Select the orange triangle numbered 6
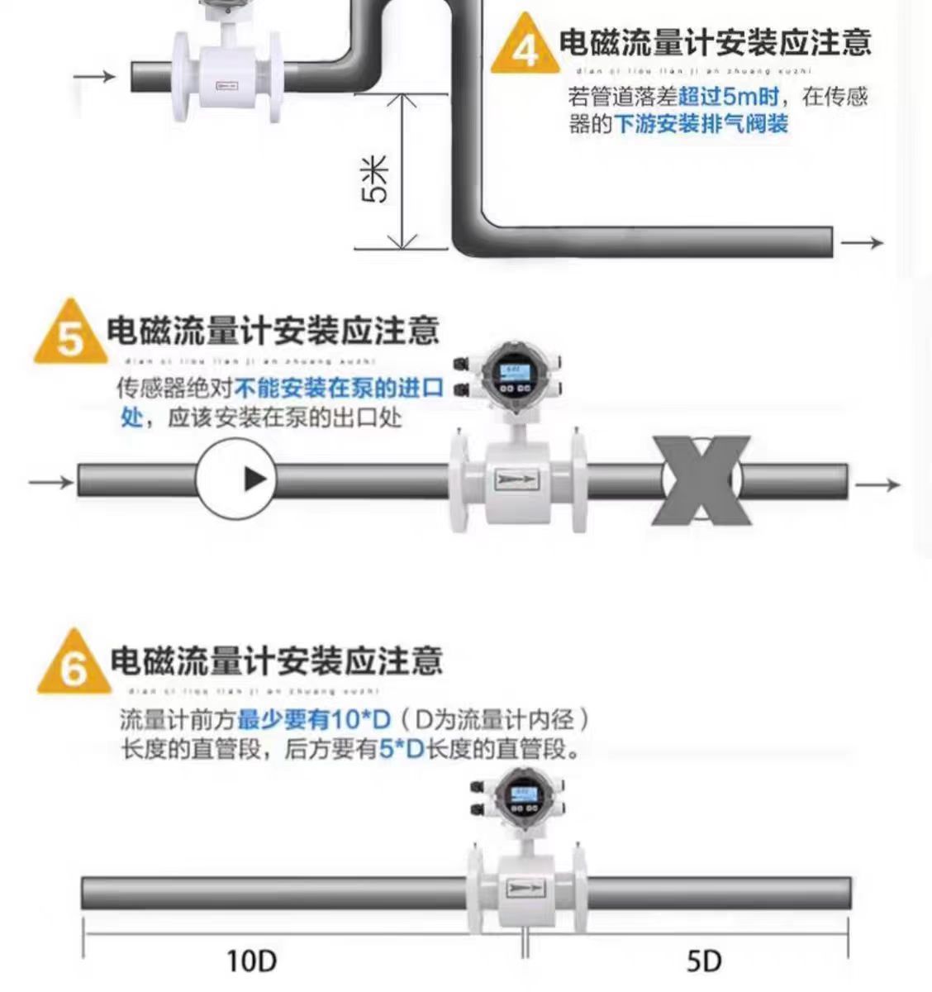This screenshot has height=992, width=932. click(x=73, y=666)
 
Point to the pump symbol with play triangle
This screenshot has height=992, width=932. click(x=235, y=479)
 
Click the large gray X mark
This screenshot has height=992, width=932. click(x=702, y=481)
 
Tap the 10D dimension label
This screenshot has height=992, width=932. click(x=251, y=961)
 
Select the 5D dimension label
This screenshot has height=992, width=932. click(x=704, y=961)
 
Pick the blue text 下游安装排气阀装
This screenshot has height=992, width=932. click(x=701, y=125)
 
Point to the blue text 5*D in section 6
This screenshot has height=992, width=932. click(x=402, y=749)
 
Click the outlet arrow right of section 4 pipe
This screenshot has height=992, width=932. click(x=863, y=243)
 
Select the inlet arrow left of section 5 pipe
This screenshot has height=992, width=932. click(x=50, y=480)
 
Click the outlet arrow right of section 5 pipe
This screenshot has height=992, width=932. click(x=878, y=484)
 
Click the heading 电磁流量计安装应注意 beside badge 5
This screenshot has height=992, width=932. click(x=273, y=331)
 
